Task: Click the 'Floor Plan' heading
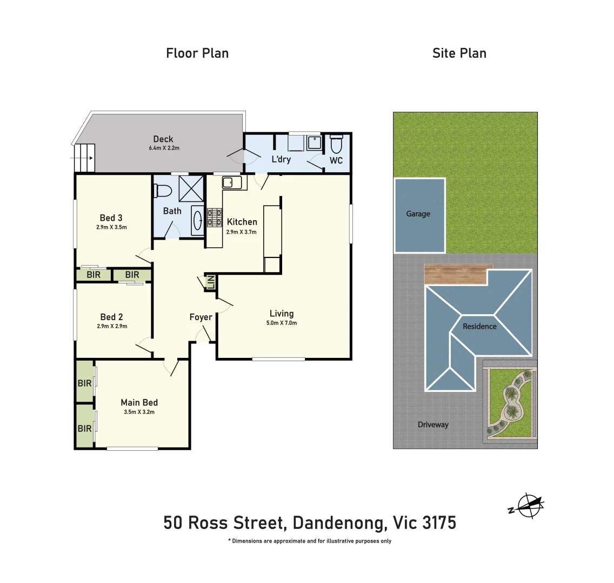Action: coord(197,53)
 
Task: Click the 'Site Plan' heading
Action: coord(459,53)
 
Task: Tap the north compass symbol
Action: coord(527,506)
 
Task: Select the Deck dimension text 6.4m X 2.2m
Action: coord(164,148)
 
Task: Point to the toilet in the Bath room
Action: coord(163,191)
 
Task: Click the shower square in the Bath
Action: coord(191,188)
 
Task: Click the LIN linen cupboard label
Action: coord(210,282)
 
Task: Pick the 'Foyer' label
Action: coord(201,317)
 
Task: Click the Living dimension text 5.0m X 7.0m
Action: coord(282,323)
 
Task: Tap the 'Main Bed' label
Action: coord(139,402)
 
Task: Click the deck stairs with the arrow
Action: coord(84,158)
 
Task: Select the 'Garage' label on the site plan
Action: coord(418,214)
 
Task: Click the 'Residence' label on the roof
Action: coord(479,326)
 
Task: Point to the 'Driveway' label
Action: coord(433,424)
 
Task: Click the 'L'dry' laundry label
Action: coord(281,159)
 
